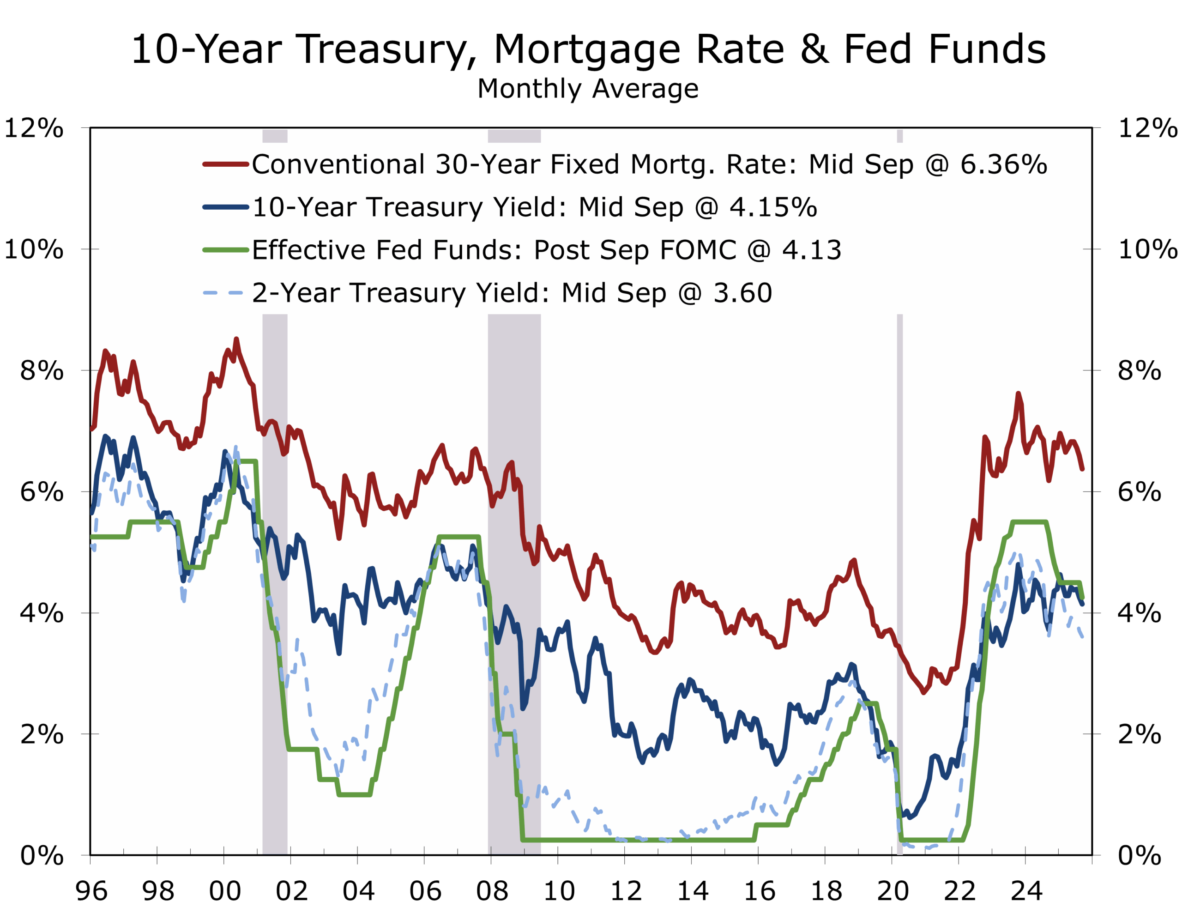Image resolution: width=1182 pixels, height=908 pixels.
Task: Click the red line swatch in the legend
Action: tap(225, 164)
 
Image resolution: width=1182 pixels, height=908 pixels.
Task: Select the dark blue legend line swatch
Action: tap(225, 207)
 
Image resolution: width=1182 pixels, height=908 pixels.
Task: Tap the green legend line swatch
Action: tap(225, 250)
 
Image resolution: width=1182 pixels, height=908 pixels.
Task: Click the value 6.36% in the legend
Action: tap(1003, 164)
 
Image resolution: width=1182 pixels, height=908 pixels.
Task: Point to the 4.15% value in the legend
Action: tap(773, 207)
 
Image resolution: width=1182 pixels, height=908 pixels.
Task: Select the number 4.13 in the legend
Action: tap(811, 250)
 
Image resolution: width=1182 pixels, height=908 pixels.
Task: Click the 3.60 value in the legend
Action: tap(743, 293)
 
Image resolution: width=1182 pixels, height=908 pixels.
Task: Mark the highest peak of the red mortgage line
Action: tap(236, 339)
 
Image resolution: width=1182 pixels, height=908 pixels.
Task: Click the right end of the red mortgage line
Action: tap(1082, 469)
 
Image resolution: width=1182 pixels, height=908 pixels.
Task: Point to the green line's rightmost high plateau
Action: tap(1029, 521)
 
